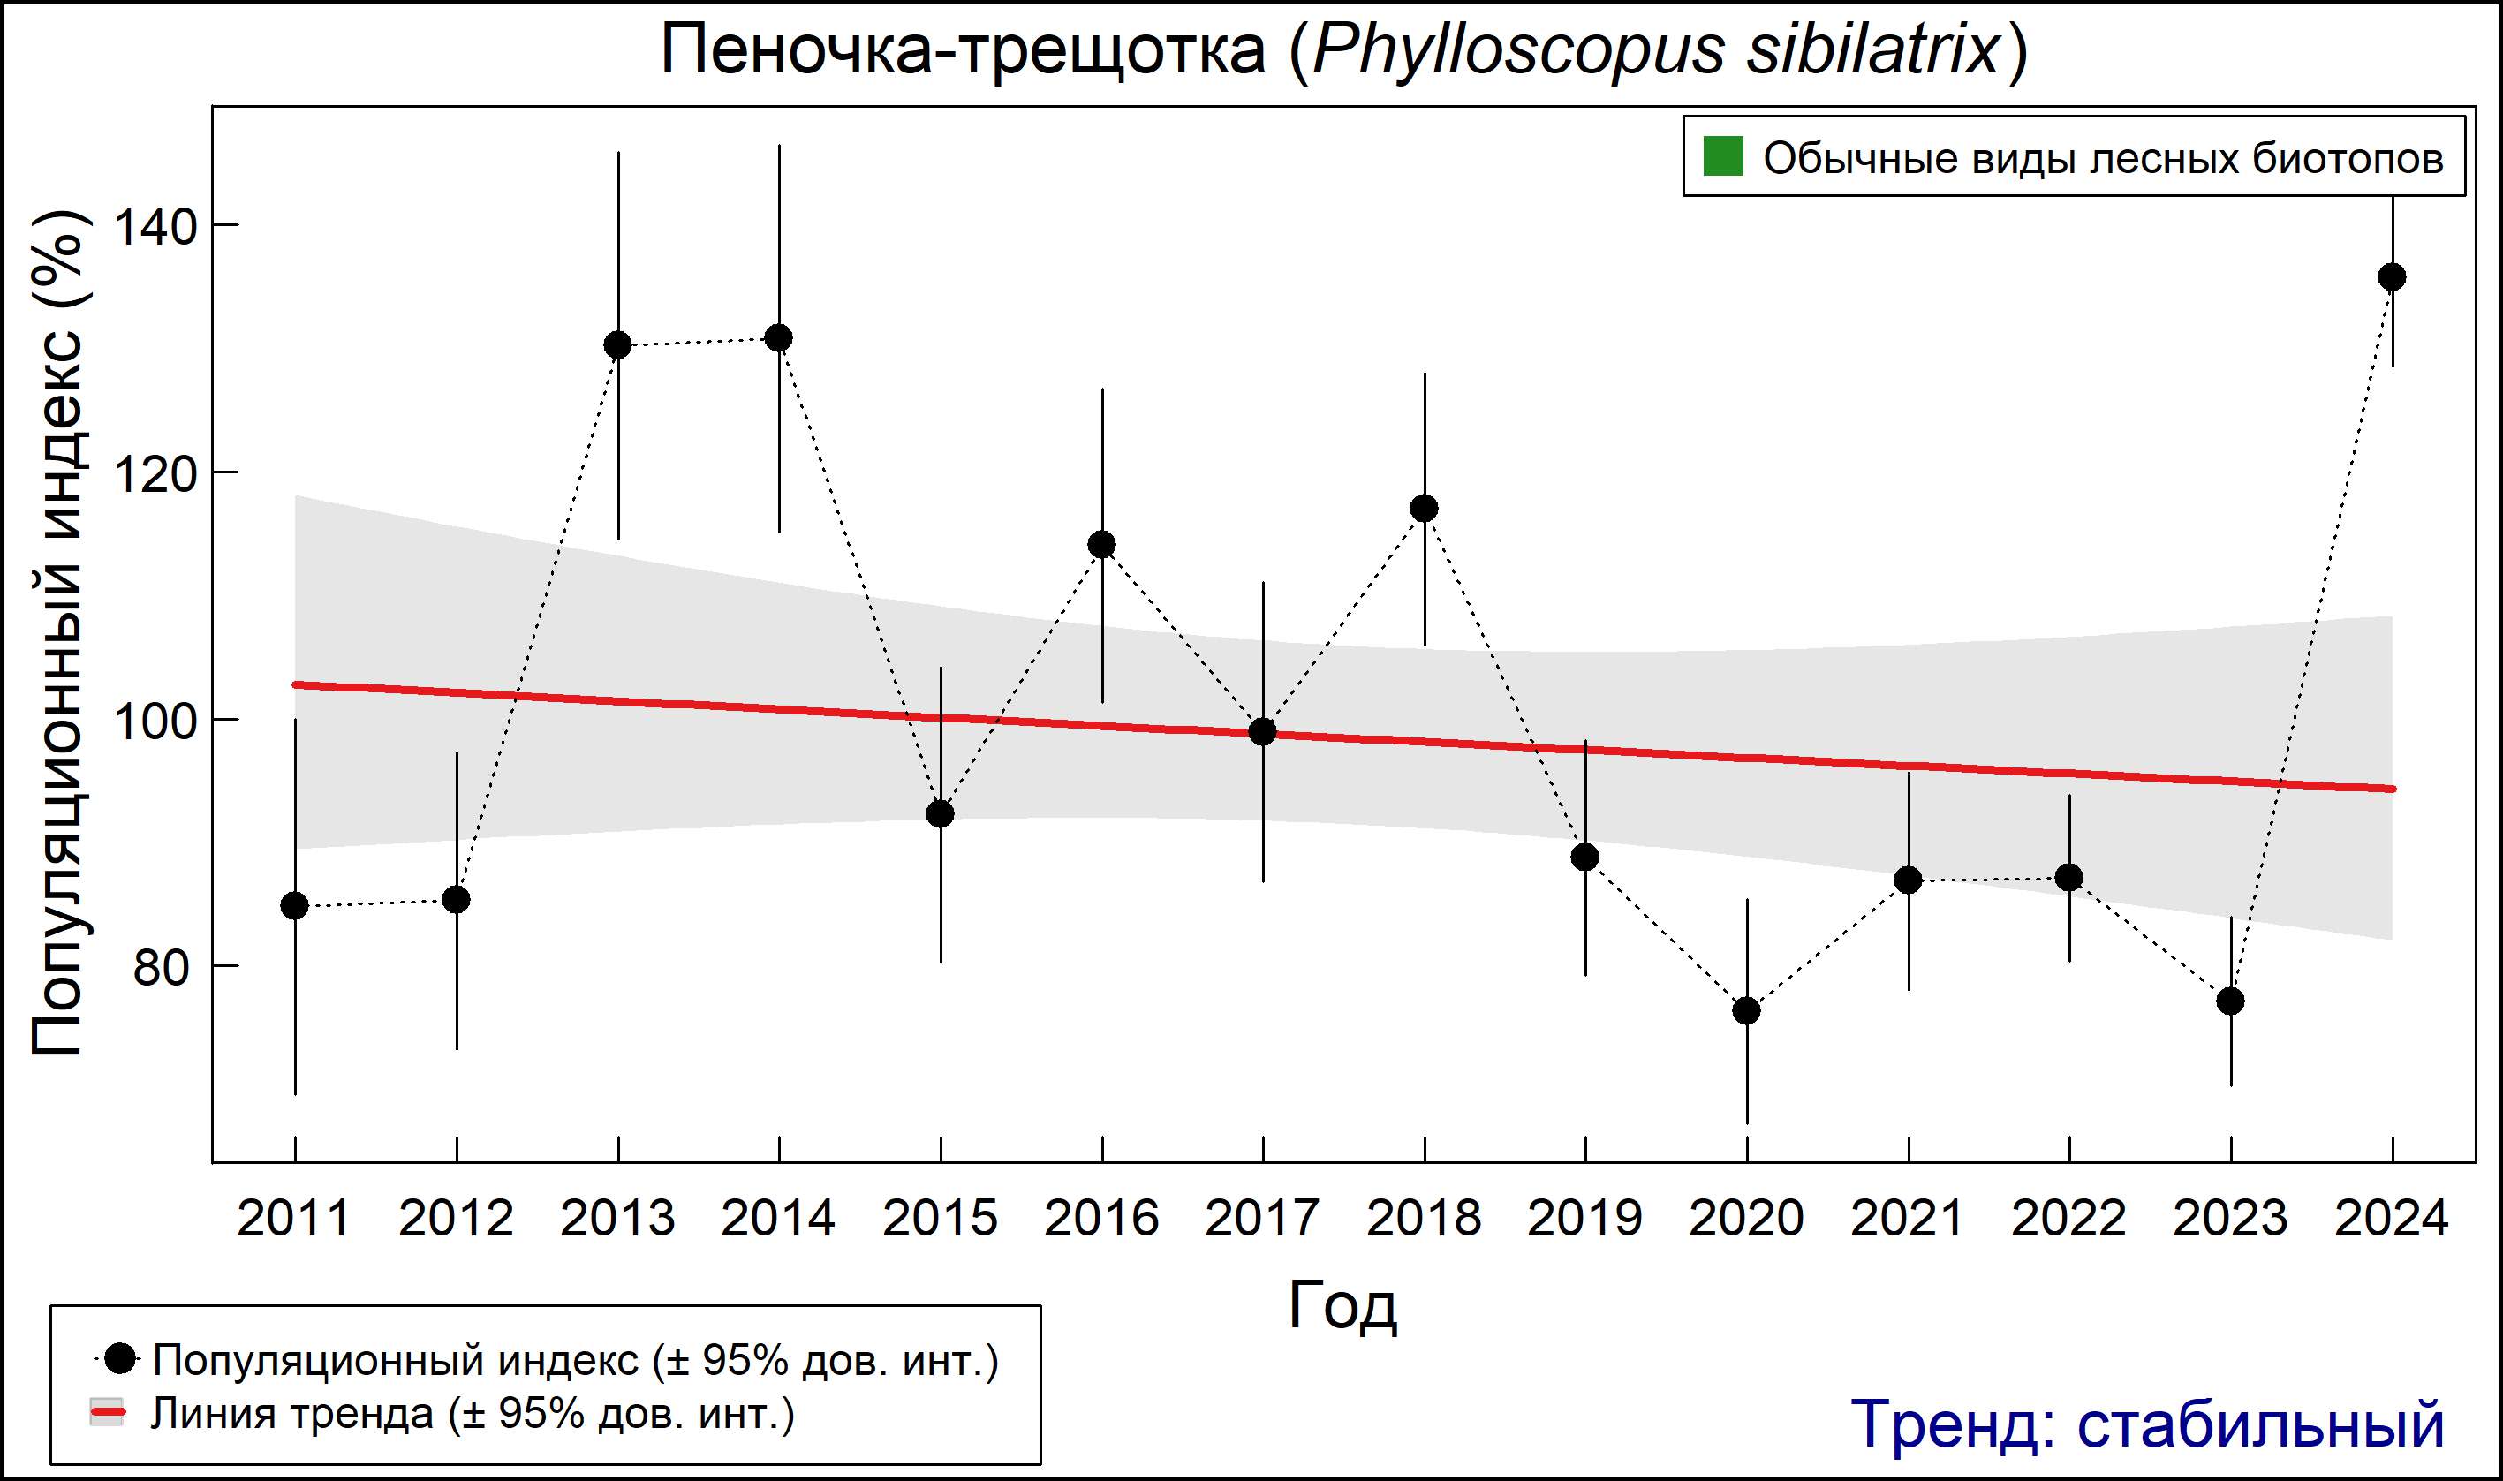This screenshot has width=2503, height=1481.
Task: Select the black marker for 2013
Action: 617,345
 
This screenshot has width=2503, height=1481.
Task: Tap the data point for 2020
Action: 1746,1011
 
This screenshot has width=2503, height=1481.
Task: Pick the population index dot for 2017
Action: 1262,731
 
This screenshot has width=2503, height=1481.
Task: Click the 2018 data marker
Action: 1424,508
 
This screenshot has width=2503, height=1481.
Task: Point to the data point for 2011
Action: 294,906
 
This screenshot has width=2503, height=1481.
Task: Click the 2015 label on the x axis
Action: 939,1219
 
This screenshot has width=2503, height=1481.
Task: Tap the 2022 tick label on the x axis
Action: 2068,1219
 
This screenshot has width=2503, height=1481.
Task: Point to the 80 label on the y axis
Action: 162,967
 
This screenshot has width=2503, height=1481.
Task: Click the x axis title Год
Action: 1342,1305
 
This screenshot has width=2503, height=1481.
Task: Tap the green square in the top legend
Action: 1722,156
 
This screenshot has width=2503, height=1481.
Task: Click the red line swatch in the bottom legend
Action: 108,1413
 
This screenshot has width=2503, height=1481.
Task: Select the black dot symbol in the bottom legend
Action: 120,1358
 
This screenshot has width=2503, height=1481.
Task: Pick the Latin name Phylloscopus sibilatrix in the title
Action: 1656,50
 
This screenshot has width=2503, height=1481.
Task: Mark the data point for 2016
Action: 1102,544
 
